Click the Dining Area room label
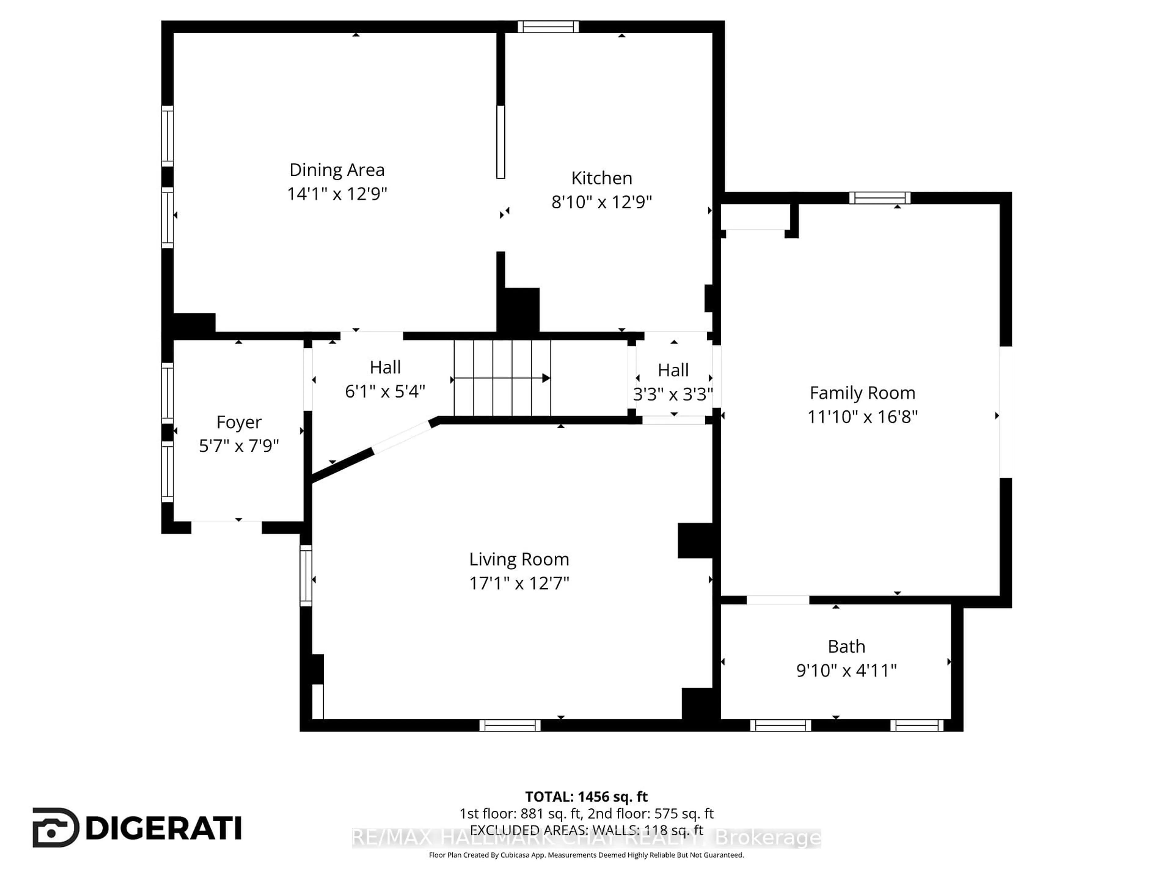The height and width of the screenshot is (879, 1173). point(337,170)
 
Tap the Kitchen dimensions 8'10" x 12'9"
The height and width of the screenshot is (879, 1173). point(601,202)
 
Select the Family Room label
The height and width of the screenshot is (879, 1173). point(862,393)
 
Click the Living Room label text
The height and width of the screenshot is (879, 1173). point(519,559)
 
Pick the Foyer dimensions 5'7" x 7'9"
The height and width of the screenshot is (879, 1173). point(239,446)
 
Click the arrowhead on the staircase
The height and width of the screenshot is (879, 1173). point(546,378)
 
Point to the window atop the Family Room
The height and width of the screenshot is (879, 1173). point(879,198)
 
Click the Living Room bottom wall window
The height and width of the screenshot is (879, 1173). point(510,725)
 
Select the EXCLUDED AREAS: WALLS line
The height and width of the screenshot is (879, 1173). point(586,830)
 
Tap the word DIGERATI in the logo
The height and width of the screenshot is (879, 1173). point(163,828)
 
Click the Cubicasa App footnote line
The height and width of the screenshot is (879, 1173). point(586,855)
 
